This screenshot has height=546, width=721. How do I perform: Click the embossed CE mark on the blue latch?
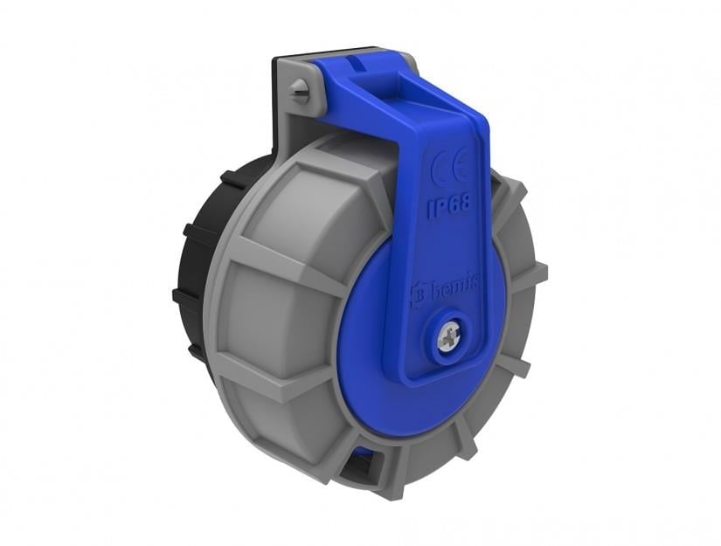click(451, 169)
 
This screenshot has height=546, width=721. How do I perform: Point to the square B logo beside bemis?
click(417, 294)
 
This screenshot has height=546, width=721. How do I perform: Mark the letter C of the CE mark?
click(441, 169)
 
